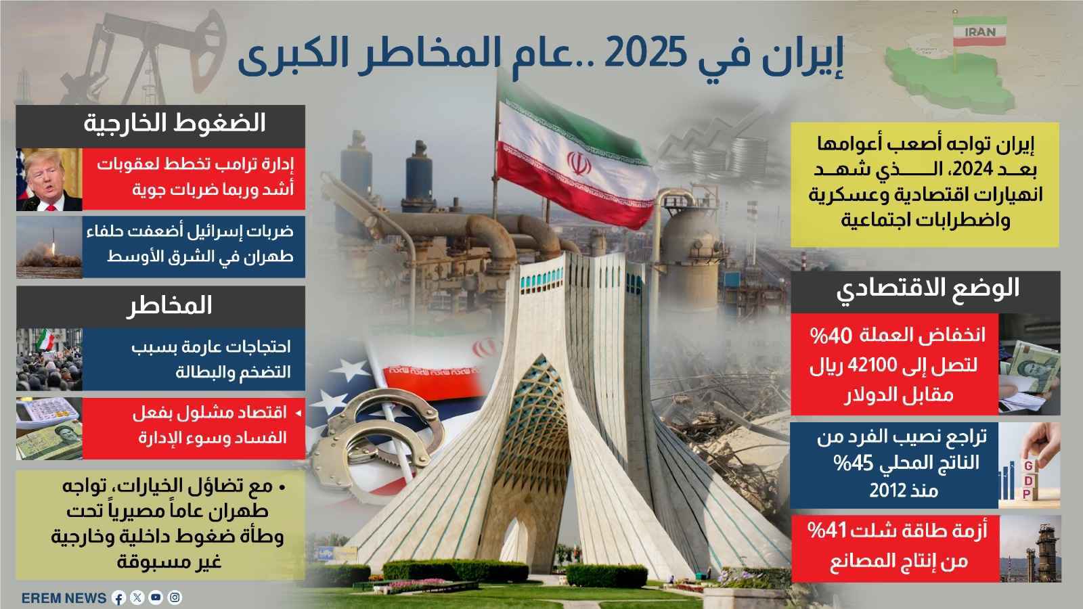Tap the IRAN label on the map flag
tap(979, 32)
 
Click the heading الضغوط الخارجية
tap(175, 124)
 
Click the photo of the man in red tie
tap(49, 179)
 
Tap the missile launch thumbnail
tap(49, 247)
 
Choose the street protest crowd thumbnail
tap(49, 359)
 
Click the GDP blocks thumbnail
tap(1029, 467)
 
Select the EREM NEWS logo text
tap(64, 598)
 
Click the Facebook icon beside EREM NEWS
tap(118, 598)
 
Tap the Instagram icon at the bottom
tap(175, 598)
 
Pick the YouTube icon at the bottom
tap(156, 598)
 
